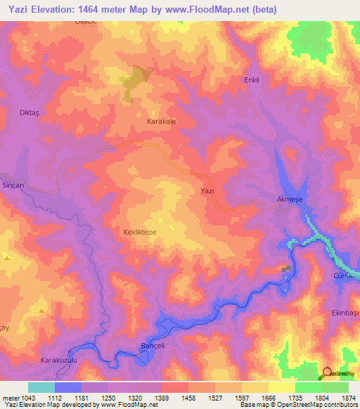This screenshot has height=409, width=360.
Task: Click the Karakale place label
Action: tap(160, 122)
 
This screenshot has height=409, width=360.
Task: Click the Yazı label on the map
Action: tap(207, 191)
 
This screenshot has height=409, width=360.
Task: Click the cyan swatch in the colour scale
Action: tap(41, 387)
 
